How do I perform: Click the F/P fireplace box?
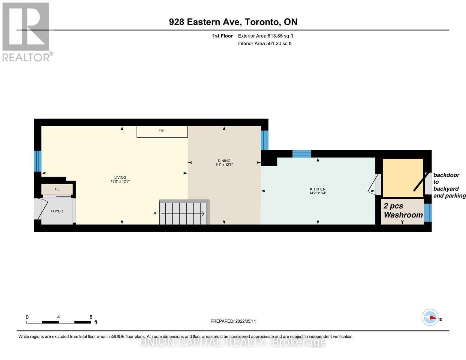point(162,131)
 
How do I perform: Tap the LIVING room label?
point(120,177)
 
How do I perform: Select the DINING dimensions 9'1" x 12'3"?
point(224,165)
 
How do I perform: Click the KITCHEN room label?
point(317,189)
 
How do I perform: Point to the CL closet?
point(57,189)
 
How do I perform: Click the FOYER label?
point(57,211)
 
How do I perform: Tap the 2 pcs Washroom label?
point(403,211)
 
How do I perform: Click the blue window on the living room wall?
point(38,161)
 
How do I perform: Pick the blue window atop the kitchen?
point(302,154)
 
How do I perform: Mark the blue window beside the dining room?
point(264,140)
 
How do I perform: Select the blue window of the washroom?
point(428,212)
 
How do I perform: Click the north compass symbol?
point(430,317)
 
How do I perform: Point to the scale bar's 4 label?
point(58,317)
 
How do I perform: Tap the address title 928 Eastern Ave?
point(233,22)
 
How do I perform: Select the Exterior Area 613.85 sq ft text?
point(265,36)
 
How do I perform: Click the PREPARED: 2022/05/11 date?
point(233,321)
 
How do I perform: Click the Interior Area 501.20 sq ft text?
point(265,43)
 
